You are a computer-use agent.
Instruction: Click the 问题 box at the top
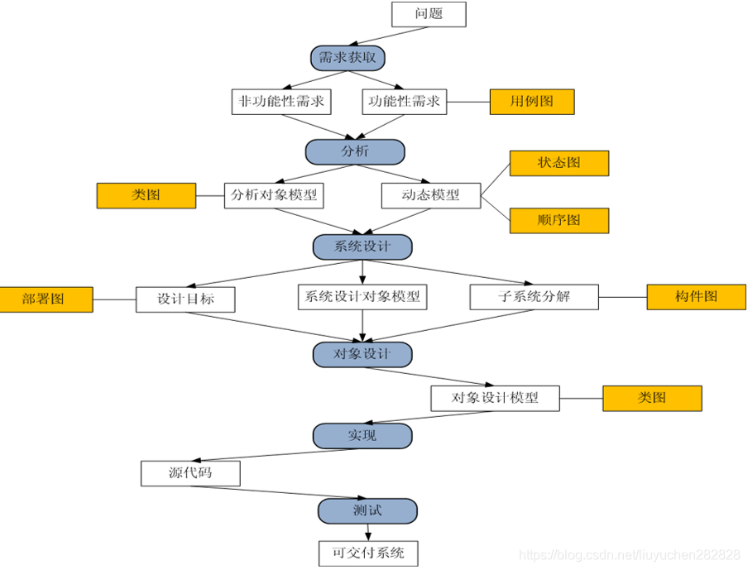[x=428, y=14]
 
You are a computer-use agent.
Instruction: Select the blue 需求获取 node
[x=348, y=58]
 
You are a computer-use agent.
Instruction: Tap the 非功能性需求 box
[x=280, y=102]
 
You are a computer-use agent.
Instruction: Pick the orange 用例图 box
[x=532, y=102]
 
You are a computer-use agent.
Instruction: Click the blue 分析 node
[x=355, y=151]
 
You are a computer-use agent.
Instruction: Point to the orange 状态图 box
[x=559, y=163]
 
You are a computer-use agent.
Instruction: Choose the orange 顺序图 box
[x=559, y=220]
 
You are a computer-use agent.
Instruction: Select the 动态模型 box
[x=431, y=195]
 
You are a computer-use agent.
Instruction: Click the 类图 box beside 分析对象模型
[x=146, y=195]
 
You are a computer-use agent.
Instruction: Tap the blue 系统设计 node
[x=362, y=247]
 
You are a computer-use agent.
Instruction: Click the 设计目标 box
[x=186, y=299]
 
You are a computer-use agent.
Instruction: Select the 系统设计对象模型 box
[x=362, y=297]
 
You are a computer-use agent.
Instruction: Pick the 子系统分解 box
[x=534, y=297]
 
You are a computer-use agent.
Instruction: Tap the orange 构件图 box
[x=697, y=297]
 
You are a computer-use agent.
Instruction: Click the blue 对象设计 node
[x=362, y=354]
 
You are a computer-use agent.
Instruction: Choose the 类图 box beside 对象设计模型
[x=652, y=398]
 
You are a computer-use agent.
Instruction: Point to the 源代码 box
[x=190, y=473]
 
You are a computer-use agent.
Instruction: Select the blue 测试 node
[x=367, y=510]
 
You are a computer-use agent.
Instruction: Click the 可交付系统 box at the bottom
[x=368, y=553]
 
